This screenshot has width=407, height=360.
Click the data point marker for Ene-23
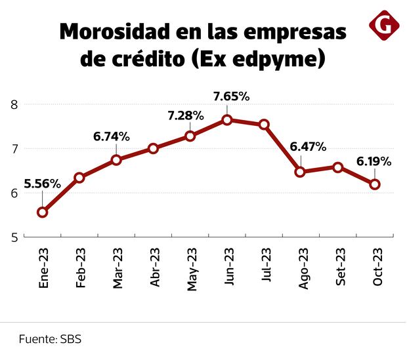(x=43, y=212)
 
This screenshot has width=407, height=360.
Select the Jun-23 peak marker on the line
(x=227, y=120)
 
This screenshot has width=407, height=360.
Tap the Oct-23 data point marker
(x=375, y=184)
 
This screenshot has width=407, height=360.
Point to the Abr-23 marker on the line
(x=153, y=148)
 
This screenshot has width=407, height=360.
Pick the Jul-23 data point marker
(x=264, y=125)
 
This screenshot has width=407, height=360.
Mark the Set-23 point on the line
(x=338, y=167)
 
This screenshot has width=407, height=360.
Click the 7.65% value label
(x=231, y=96)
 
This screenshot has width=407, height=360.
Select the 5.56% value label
(x=42, y=184)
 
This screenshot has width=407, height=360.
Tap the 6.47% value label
(x=308, y=146)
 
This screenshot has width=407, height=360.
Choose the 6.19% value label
(x=374, y=161)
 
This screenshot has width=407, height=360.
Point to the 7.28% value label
(x=185, y=115)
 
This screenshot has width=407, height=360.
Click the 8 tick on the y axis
(x=13, y=104)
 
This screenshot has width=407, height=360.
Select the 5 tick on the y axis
(x=13, y=237)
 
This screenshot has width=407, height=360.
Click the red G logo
(x=384, y=25)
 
